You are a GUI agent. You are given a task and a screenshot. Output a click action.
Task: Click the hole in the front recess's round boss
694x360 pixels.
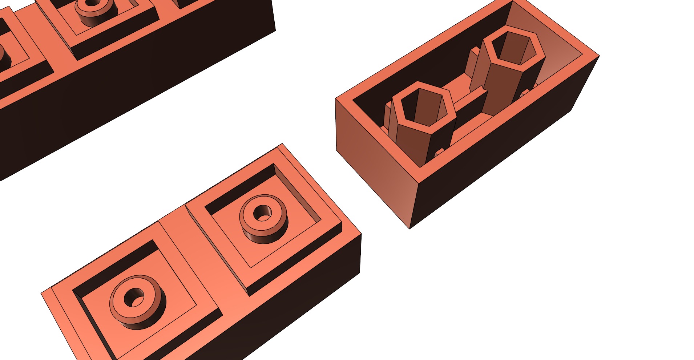tap(134, 298)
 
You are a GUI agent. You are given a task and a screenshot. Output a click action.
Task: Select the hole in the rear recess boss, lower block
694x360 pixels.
tap(262, 213)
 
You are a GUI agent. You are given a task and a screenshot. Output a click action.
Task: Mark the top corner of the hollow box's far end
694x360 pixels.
tap(599, 56)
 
